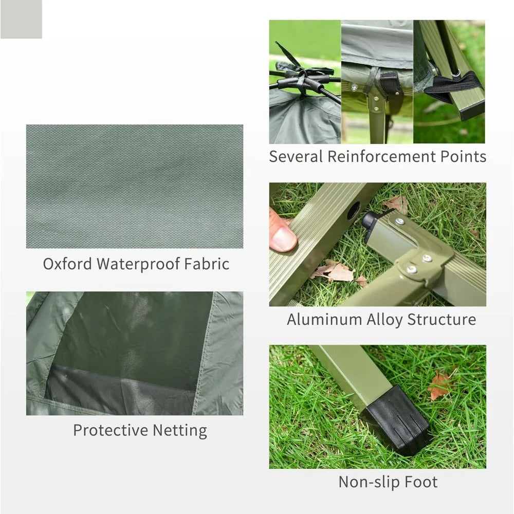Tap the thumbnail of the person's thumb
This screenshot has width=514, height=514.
point(282,238)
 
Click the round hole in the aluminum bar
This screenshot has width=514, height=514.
point(354,211)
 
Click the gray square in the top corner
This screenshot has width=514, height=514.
point(21,19)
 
